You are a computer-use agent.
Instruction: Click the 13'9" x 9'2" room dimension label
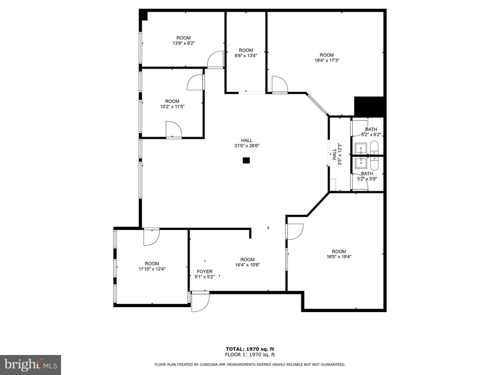(184, 43)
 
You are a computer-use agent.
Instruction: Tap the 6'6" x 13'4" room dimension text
(246, 56)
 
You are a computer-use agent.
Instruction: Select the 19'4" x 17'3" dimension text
(327, 60)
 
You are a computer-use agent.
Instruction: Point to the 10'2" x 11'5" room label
(172, 106)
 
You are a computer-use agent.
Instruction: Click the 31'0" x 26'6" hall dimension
(247, 146)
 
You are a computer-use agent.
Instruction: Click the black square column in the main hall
(246, 160)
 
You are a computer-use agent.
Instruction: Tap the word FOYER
(205, 271)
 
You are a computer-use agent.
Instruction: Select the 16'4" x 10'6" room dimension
(248, 265)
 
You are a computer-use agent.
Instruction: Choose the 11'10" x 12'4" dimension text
(152, 269)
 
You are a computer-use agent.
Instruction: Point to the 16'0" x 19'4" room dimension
(339, 256)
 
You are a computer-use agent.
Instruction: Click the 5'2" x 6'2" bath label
(371, 135)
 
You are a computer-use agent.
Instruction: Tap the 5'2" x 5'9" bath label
(367, 179)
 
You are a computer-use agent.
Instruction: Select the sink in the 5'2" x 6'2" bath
(361, 148)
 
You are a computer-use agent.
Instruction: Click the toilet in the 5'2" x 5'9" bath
(374, 164)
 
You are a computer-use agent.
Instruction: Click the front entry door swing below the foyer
(201, 302)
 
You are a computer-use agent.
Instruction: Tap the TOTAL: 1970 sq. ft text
(250, 349)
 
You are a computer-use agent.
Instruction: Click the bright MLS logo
(31, 364)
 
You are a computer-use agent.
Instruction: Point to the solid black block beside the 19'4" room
(369, 106)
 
